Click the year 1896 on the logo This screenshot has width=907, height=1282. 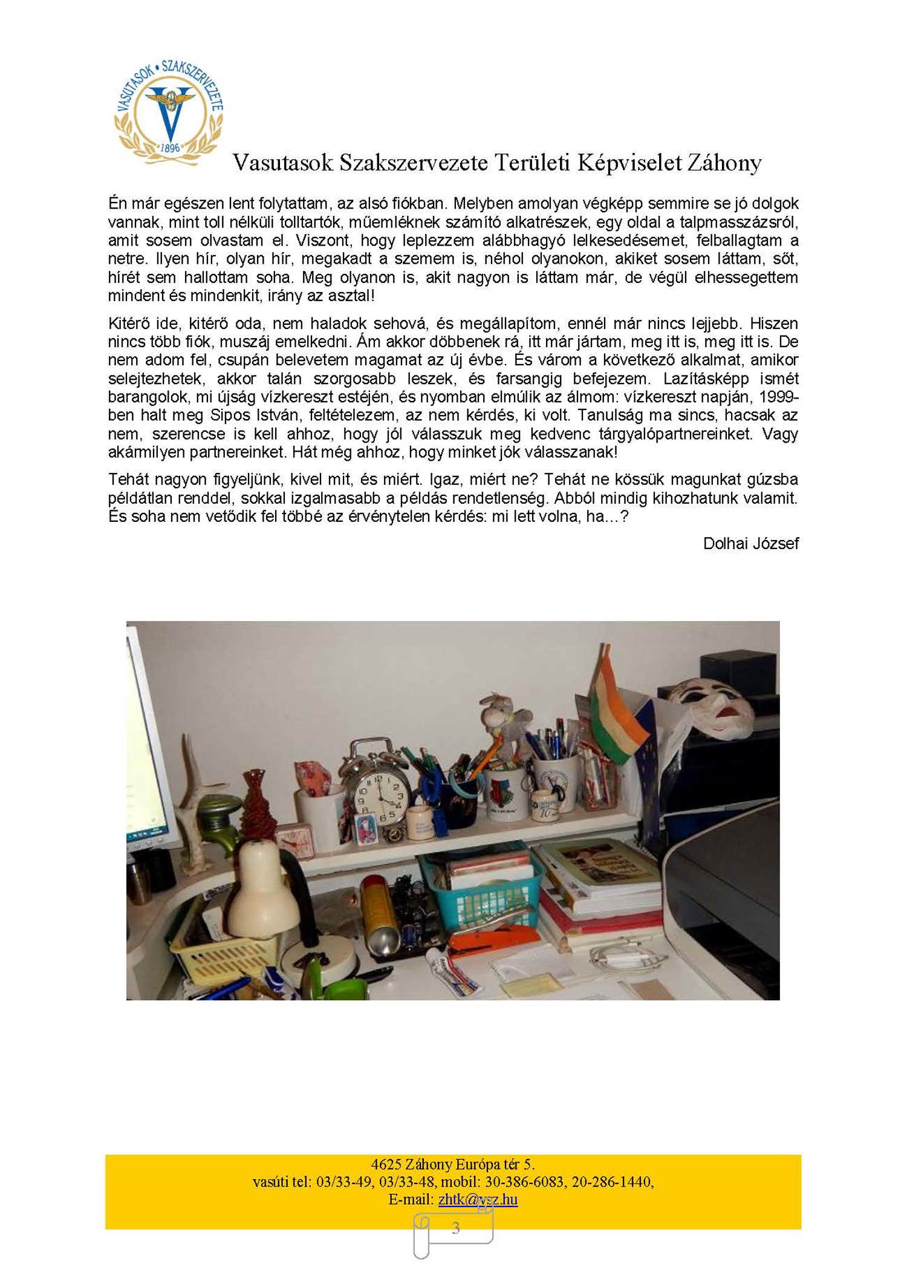(x=170, y=148)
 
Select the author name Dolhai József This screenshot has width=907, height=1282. (x=750, y=544)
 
